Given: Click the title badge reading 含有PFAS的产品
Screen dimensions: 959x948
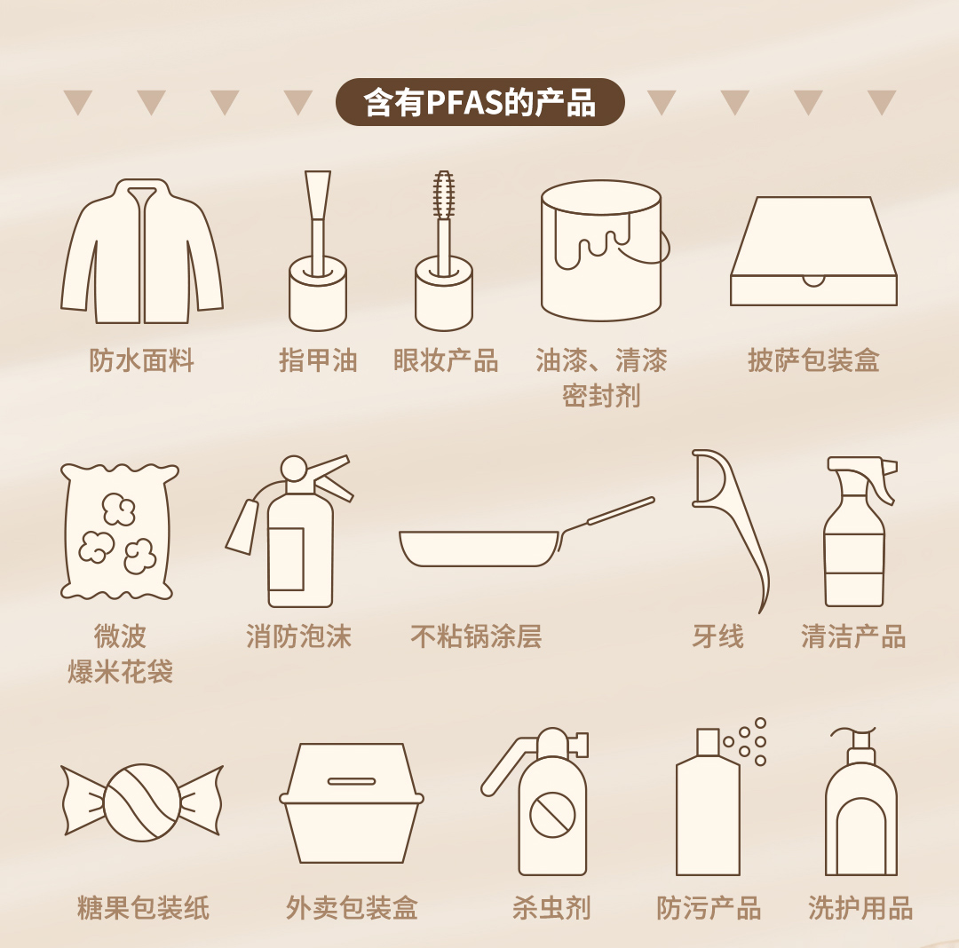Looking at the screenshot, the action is pyautogui.click(x=480, y=102).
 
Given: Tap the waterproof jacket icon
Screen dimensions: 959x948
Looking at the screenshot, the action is pyautogui.click(x=142, y=251).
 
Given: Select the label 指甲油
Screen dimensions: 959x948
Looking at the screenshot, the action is pyautogui.click(x=318, y=360).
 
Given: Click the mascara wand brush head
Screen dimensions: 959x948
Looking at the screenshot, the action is pyautogui.click(x=443, y=194).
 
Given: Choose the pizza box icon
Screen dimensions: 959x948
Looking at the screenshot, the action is pyautogui.click(x=813, y=251).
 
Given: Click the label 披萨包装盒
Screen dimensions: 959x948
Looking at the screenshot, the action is pyautogui.click(x=813, y=360).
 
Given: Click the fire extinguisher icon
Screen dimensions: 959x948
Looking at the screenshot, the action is pyautogui.click(x=289, y=531).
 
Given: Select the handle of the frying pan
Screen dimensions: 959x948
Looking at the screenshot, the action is pyautogui.click(x=607, y=514).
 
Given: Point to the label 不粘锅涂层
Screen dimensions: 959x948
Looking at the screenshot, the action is pyautogui.click(x=476, y=636).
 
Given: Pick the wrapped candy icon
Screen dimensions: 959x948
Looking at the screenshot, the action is pyautogui.click(x=142, y=802).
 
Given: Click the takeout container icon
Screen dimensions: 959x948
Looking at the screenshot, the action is pyautogui.click(x=352, y=803).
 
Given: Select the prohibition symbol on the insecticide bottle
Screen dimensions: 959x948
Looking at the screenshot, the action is pyautogui.click(x=552, y=814).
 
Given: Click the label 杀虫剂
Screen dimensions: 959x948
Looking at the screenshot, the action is pyautogui.click(x=551, y=908).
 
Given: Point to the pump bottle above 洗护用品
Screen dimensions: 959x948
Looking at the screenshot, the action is pyautogui.click(x=860, y=802).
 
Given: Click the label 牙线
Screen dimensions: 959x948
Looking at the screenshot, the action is pyautogui.click(x=718, y=636).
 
